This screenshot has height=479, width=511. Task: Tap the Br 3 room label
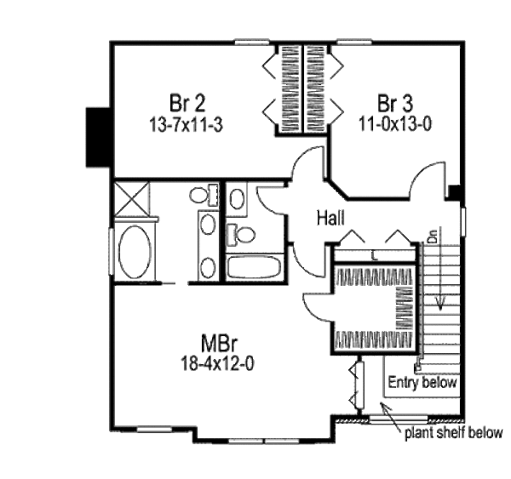click(395, 104)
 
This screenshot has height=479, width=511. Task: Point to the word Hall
click(330, 219)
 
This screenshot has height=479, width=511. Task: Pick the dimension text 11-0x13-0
click(395, 122)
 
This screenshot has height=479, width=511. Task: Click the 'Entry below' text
click(423, 382)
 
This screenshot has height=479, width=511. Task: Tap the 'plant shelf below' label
click(453, 432)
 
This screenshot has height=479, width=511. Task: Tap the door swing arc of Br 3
click(422, 180)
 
